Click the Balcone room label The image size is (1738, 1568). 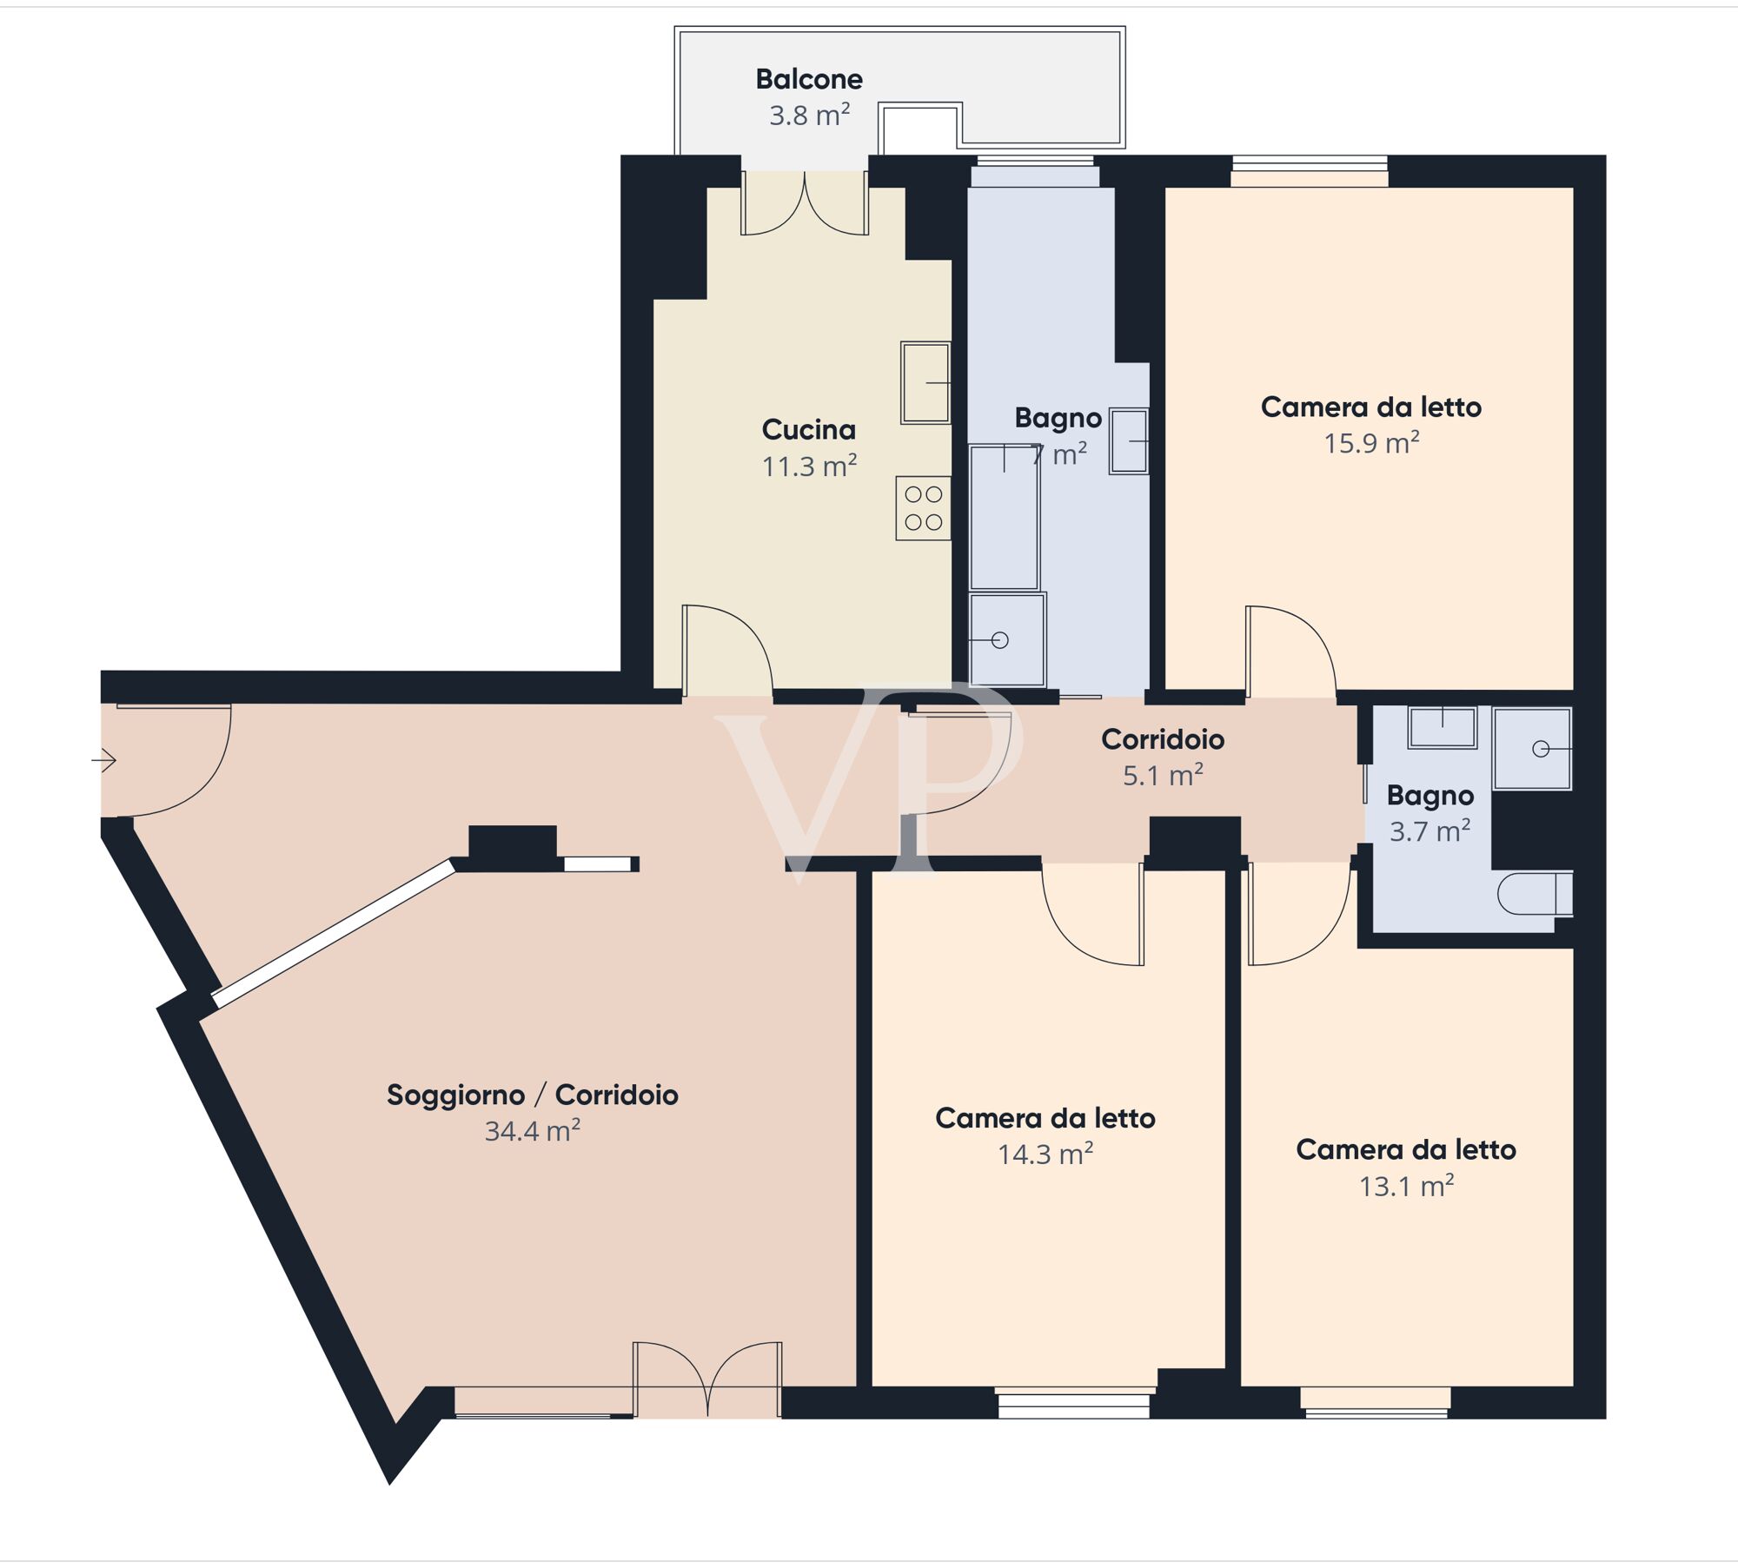coord(809,79)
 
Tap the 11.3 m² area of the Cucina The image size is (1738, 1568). coord(809,466)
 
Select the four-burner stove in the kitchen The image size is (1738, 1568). coord(923,508)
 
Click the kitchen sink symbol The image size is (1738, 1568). coord(925,382)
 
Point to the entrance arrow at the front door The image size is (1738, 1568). coord(104,760)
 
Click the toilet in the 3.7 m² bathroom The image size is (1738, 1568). coord(1535,893)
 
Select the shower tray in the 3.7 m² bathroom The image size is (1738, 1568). coord(1532,749)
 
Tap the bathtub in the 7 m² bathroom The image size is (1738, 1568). coord(1004,518)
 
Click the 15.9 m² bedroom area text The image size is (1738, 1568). coord(1371,443)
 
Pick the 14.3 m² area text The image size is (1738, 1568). coord(1045,1154)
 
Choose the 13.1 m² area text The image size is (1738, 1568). coord(1406,1186)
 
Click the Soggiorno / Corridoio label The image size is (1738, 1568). coord(533,1095)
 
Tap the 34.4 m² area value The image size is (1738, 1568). coord(533,1131)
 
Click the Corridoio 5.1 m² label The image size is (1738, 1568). coord(1163,757)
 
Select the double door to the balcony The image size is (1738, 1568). coord(805,203)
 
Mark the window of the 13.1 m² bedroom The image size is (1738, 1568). coord(1376,1401)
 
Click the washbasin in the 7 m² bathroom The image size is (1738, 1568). coord(1129,441)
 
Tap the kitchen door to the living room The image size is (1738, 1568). coord(727,651)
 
